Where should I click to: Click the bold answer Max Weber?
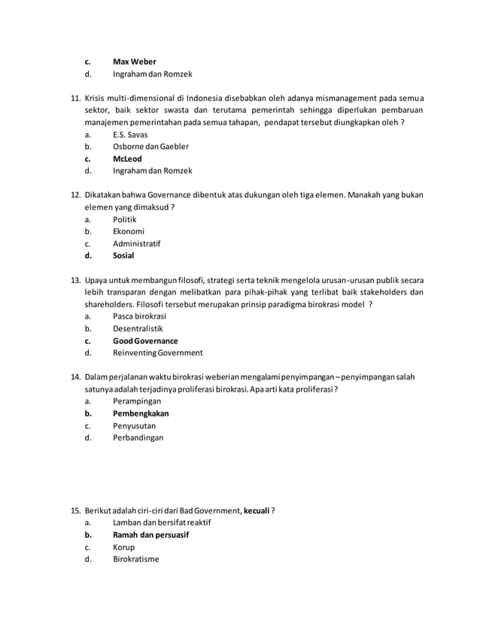(x=135, y=61)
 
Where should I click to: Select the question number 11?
(x=75, y=97)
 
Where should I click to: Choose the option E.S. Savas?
(x=130, y=134)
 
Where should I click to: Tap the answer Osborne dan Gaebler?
(x=150, y=146)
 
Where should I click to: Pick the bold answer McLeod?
(x=127, y=159)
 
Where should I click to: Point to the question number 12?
(x=75, y=195)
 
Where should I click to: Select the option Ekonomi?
(x=128, y=231)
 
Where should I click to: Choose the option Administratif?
(x=136, y=243)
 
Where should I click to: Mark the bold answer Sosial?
(x=123, y=255)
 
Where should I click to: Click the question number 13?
(x=75, y=280)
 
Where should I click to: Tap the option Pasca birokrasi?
(x=140, y=316)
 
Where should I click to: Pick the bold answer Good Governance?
(x=145, y=340)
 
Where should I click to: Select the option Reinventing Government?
(x=157, y=352)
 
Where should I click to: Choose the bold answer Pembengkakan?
(x=141, y=413)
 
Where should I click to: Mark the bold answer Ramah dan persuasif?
(x=150, y=535)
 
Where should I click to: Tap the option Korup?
(x=124, y=547)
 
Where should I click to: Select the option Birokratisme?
(x=135, y=559)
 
